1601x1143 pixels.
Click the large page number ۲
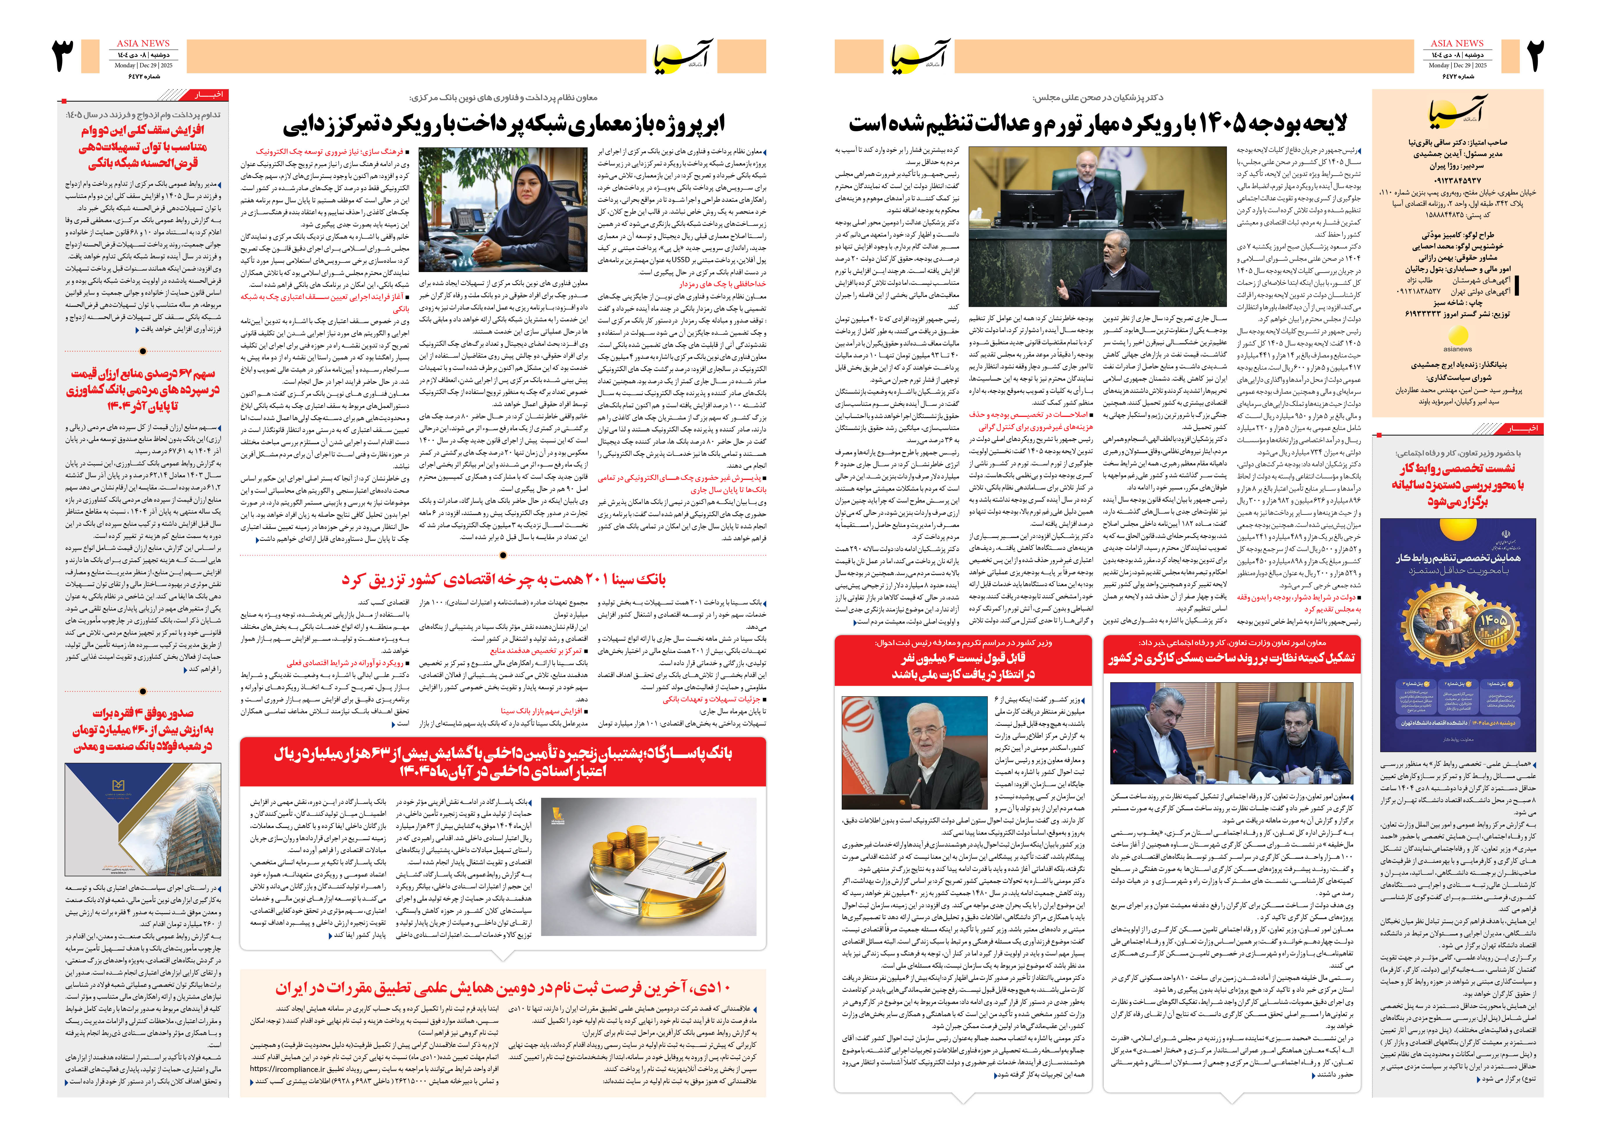click(x=1535, y=56)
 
